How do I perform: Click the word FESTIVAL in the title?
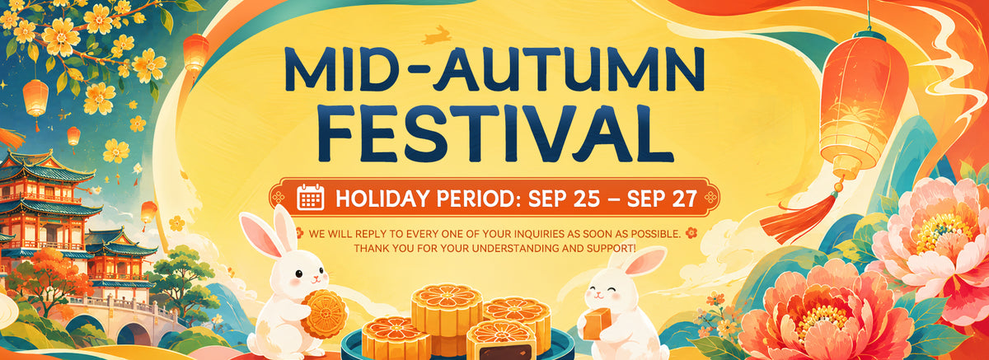496,133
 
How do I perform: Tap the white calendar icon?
311,197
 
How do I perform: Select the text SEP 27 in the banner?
662,199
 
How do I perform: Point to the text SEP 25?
564,199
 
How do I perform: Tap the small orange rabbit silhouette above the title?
436,35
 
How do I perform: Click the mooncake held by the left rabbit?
324,314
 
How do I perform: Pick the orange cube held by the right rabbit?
597,324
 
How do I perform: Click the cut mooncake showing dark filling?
501,340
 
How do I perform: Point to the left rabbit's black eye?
298,274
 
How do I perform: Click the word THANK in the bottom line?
372,249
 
